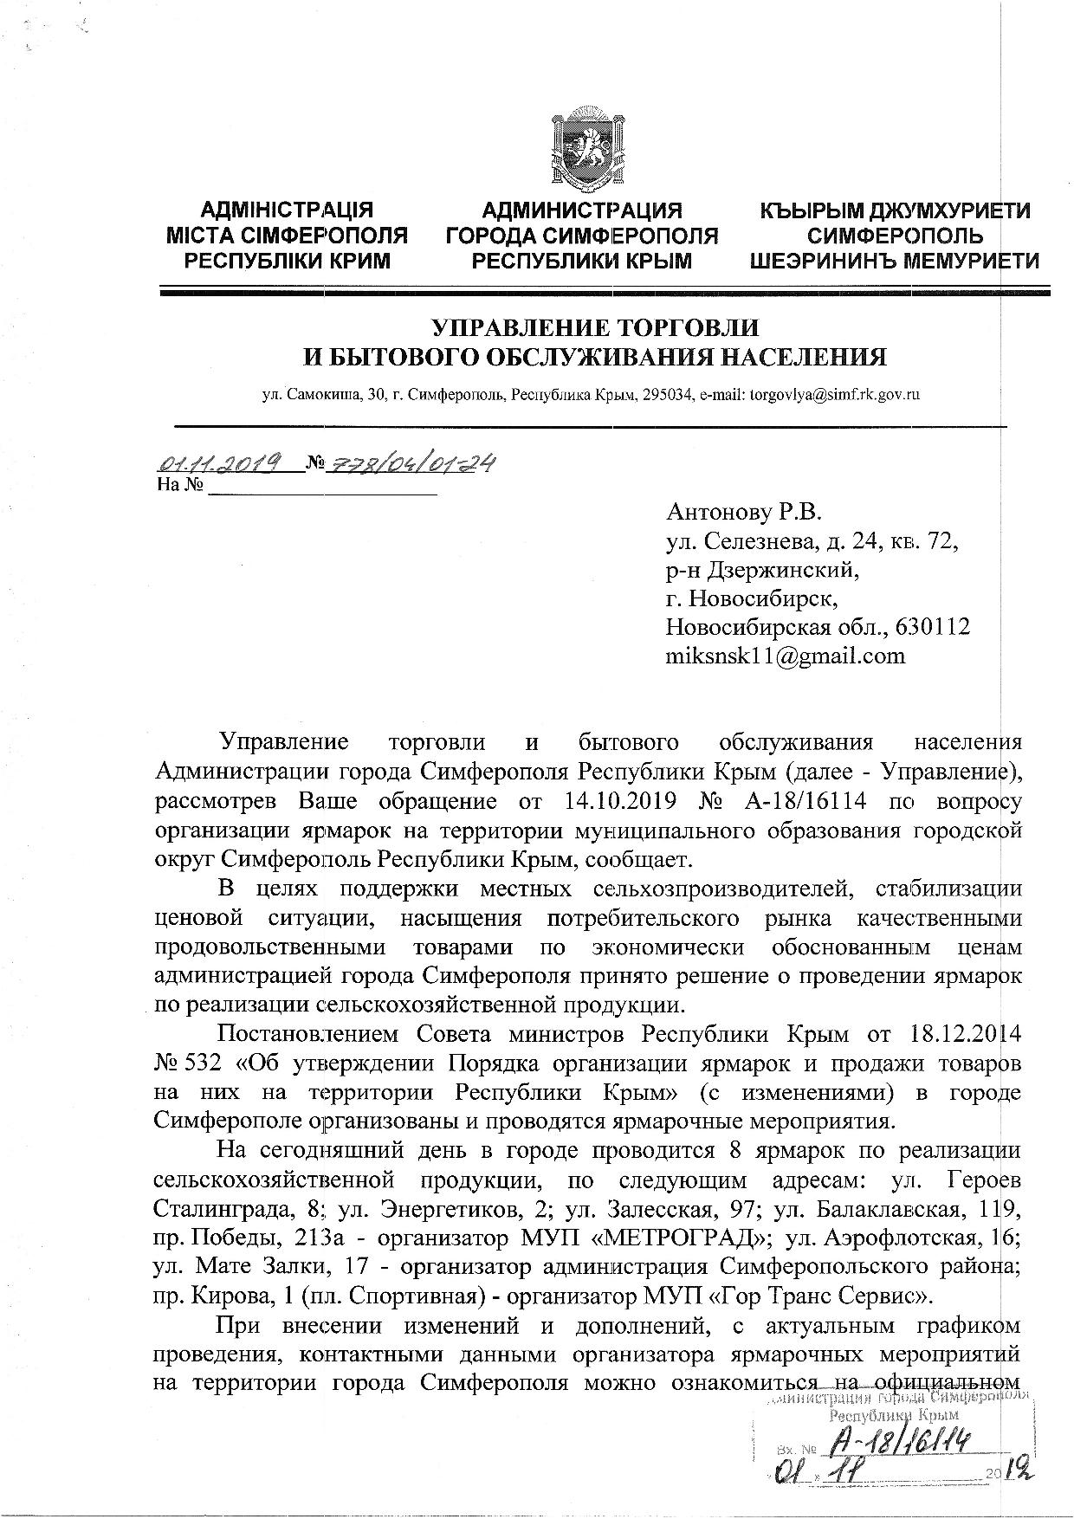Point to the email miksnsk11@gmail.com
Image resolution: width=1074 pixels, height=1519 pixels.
785,655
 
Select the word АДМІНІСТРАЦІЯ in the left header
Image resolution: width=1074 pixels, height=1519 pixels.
287,211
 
